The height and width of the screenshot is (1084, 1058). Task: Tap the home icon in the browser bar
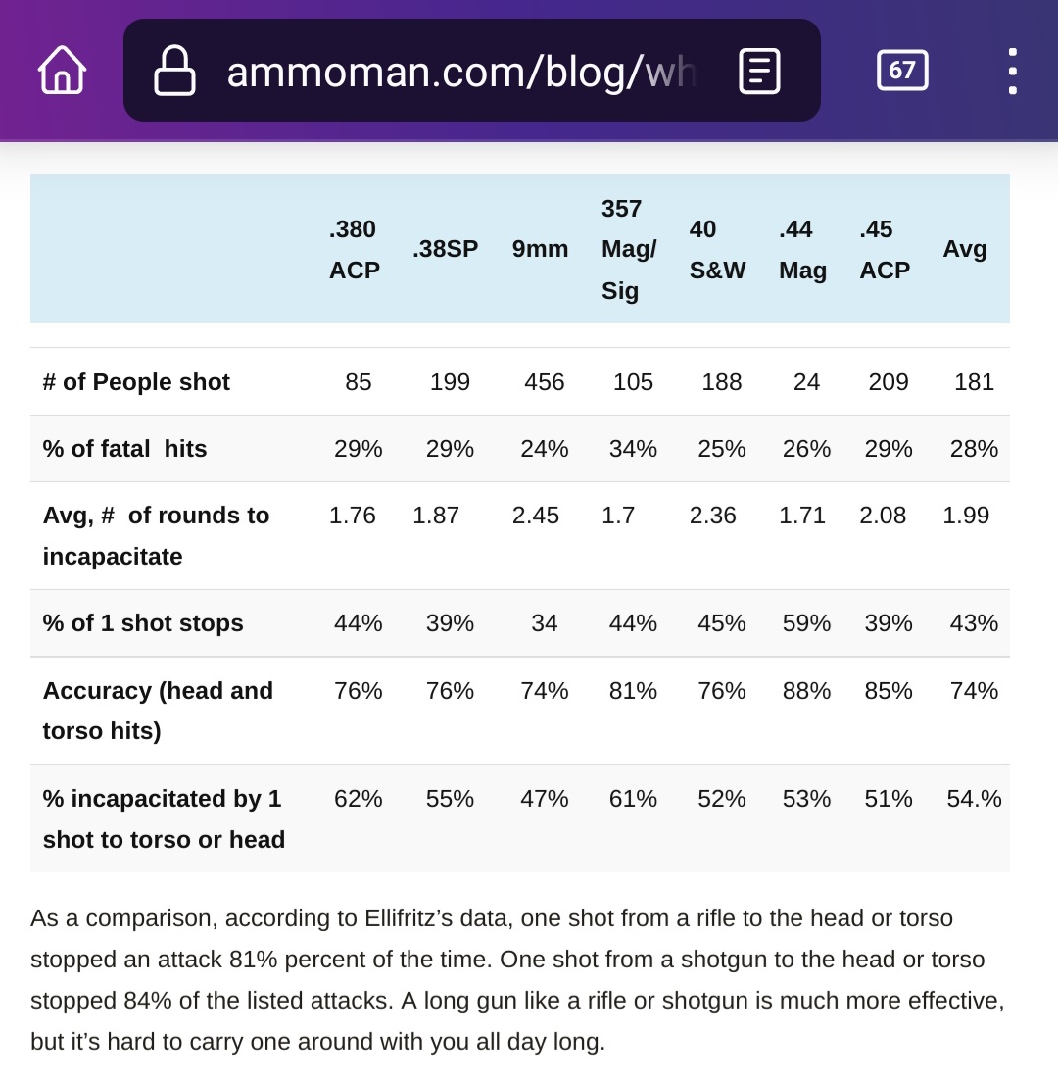coord(62,70)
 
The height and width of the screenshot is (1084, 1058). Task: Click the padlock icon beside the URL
coord(174,70)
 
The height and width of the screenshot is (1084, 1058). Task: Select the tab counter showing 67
coord(902,70)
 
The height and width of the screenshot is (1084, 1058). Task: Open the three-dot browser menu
coord(1012,71)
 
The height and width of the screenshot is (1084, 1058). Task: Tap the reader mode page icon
coord(759,71)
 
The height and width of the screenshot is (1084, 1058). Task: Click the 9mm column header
coord(540,249)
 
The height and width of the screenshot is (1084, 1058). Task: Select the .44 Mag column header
coord(802,250)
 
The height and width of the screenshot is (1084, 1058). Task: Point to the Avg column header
coord(965,248)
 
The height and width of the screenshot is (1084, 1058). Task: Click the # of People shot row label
coord(136,381)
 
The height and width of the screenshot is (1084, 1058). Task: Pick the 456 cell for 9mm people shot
coord(544,381)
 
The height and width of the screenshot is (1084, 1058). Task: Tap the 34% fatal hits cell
coord(633,449)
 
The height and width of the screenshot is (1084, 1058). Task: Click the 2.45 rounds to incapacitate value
coord(536,515)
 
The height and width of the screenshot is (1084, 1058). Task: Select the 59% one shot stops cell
coord(806,623)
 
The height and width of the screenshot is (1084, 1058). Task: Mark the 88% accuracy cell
coord(806,691)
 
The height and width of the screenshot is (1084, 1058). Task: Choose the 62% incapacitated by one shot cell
coord(358,799)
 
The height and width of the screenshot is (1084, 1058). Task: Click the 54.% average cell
coord(974,799)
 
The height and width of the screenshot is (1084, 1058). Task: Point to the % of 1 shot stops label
coord(143,623)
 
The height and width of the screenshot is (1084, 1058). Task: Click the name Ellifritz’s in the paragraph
coord(409,918)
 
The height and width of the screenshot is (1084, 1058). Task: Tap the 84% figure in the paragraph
coord(148,1001)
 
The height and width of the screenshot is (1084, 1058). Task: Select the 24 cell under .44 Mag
coord(806,381)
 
